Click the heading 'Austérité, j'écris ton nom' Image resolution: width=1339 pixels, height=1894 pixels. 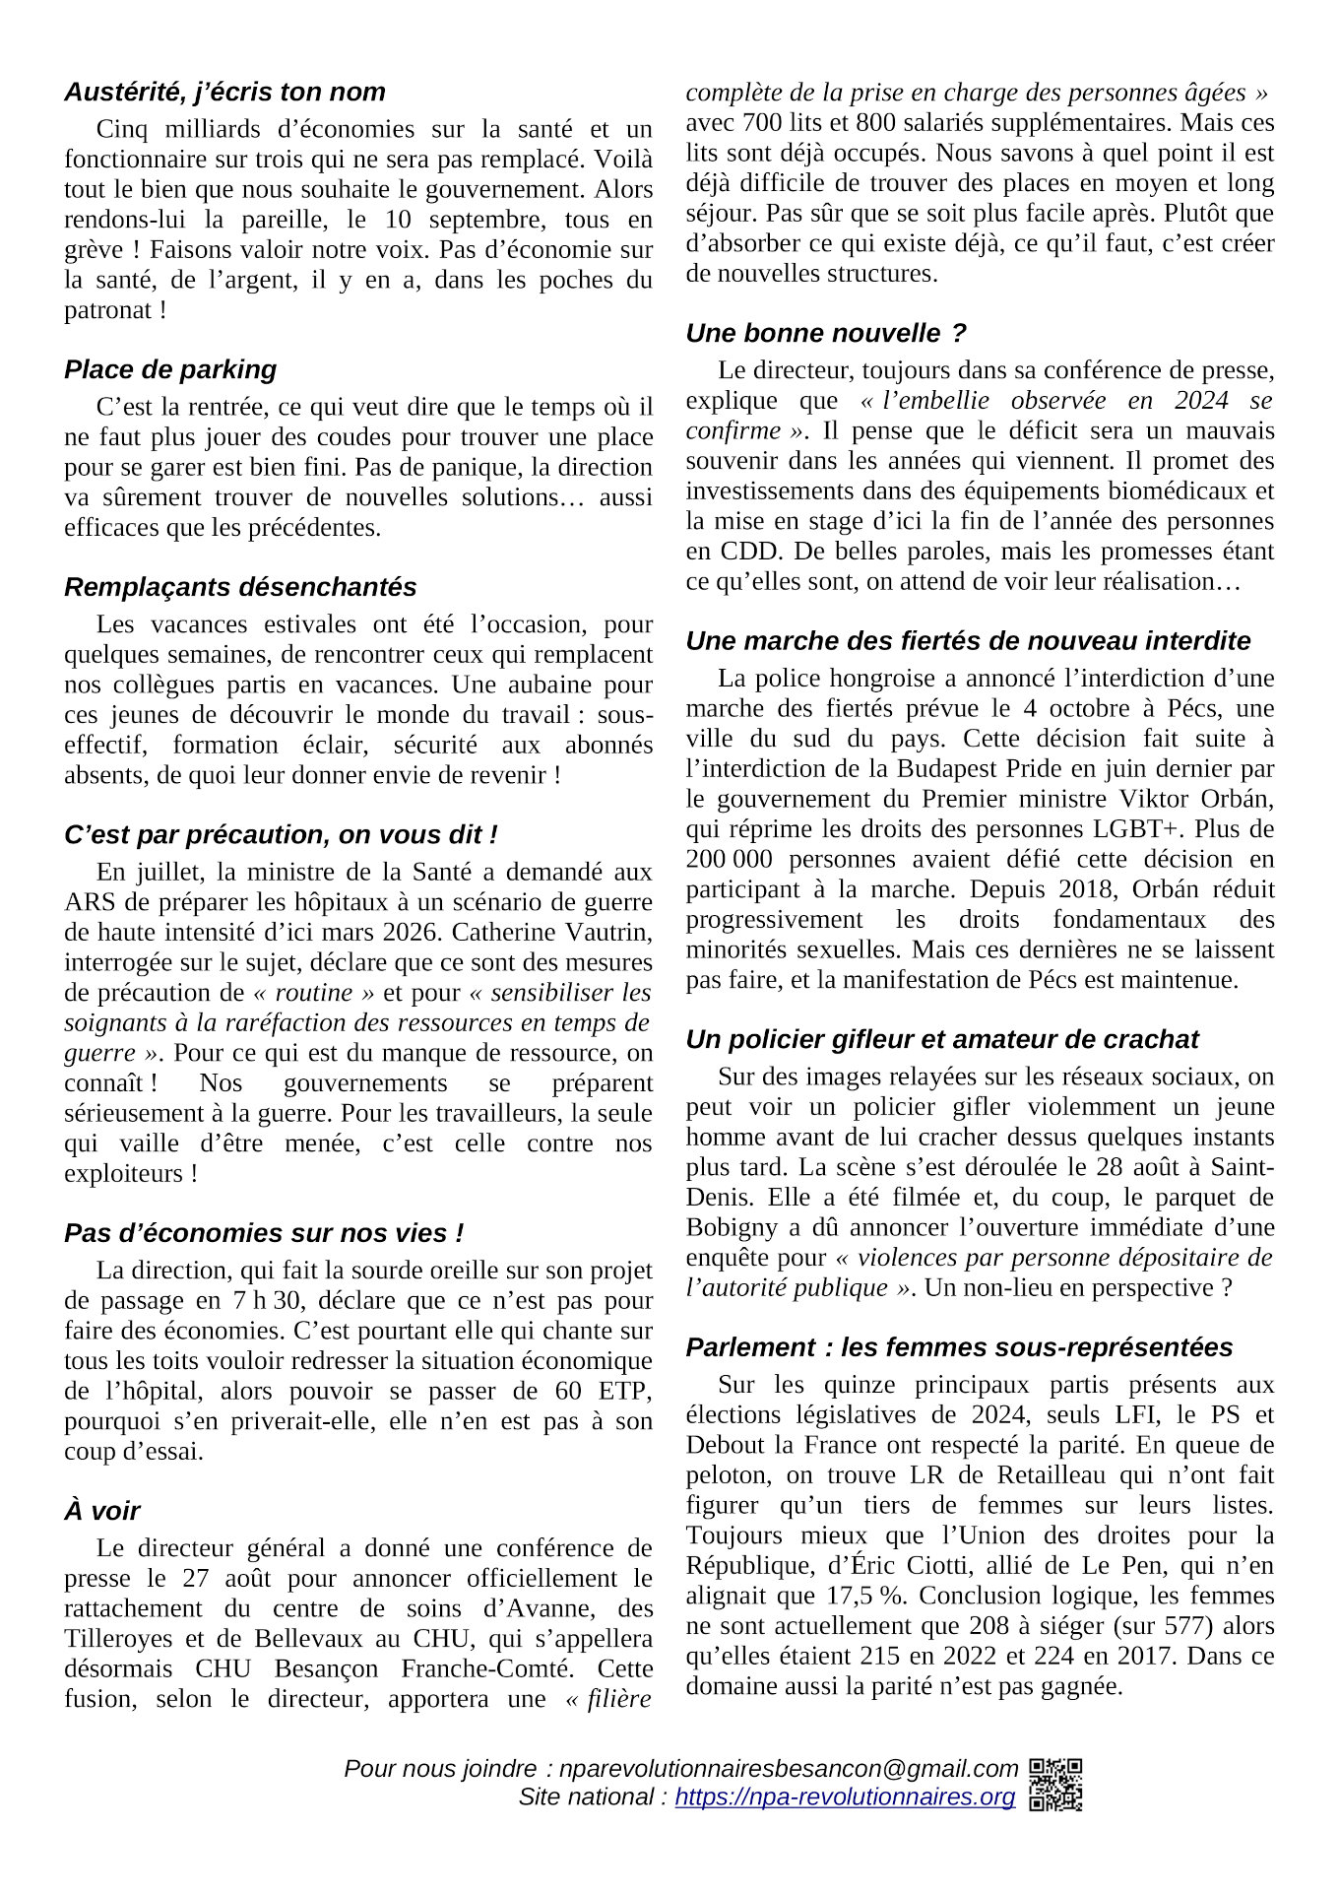click(x=224, y=93)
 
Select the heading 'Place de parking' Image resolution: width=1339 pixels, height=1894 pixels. click(x=170, y=370)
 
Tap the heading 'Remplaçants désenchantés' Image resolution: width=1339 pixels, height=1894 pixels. click(x=240, y=588)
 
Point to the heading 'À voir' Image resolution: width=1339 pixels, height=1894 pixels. click(x=102, y=1512)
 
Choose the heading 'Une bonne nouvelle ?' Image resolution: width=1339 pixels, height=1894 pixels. click(x=826, y=334)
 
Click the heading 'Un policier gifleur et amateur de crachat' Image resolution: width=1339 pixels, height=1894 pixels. click(x=942, y=1040)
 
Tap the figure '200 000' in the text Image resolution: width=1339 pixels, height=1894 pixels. click(x=730, y=859)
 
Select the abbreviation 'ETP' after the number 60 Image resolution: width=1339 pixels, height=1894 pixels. click(x=625, y=1391)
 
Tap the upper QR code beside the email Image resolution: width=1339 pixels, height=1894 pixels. click(x=1055, y=1770)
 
